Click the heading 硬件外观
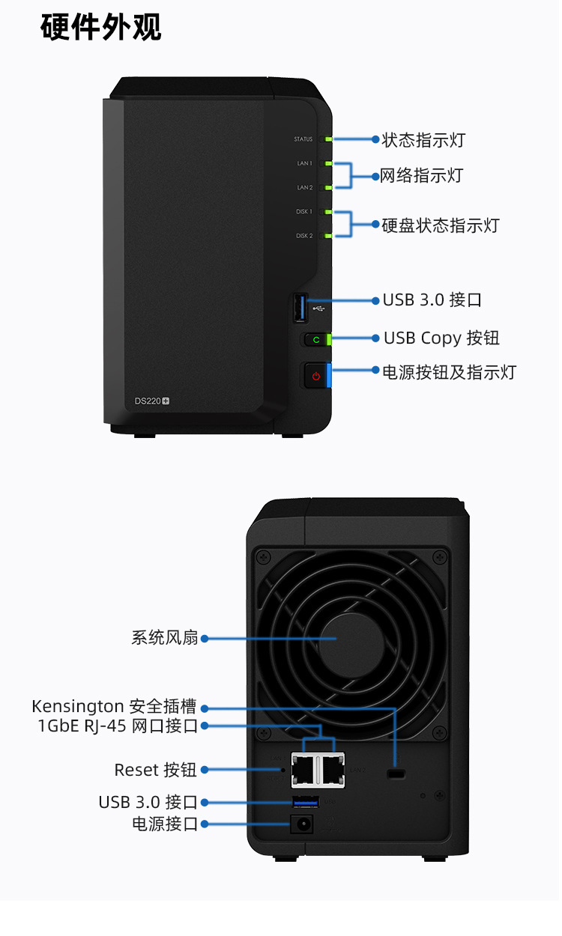click(101, 28)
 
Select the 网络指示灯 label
click(422, 176)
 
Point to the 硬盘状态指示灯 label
click(440, 225)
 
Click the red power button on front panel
click(315, 376)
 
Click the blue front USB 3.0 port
click(302, 308)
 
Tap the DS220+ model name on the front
click(152, 401)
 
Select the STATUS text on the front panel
click(303, 139)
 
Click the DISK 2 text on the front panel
click(304, 236)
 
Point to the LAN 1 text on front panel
click(304, 163)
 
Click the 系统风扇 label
click(165, 638)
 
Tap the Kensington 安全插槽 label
click(114, 706)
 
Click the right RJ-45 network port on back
click(332, 768)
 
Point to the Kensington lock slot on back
click(396, 773)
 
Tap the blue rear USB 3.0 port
click(305, 803)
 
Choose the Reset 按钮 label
click(155, 769)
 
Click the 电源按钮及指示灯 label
click(449, 372)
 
